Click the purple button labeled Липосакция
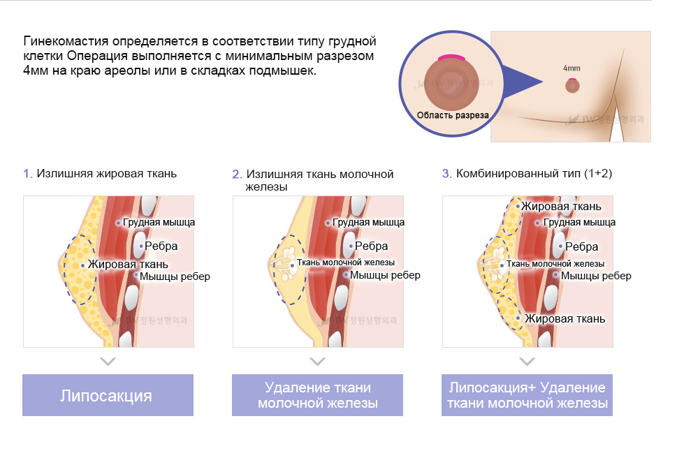[108, 395]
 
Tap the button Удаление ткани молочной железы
[317, 395]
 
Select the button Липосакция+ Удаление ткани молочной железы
[527, 395]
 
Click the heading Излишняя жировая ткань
[106, 173]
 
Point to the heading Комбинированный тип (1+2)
[534, 173]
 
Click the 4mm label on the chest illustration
[572, 68]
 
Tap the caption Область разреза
[452, 115]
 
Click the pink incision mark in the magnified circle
[452, 57]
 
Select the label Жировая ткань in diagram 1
[128, 265]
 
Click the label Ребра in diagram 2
[371, 246]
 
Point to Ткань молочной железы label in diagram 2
[346, 263]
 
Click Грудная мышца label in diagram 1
[159, 223]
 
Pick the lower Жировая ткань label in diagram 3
[565, 319]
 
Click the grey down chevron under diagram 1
[107, 362]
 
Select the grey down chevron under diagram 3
[527, 362]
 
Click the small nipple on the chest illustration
[572, 85]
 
